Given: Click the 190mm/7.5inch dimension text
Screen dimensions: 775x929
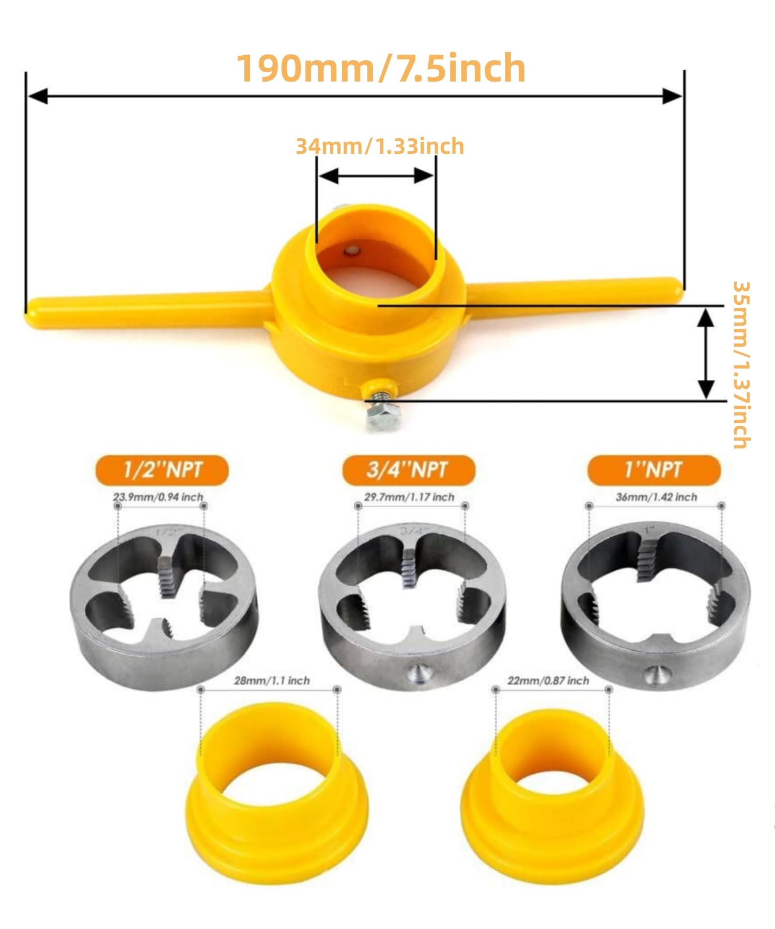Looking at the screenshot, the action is pos(381,68).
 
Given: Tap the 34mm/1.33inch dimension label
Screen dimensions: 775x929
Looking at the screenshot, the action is pos(380,146).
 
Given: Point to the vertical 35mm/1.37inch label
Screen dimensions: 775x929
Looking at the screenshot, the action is pos(741,364).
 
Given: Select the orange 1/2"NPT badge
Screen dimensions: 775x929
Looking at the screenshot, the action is pos(162,470).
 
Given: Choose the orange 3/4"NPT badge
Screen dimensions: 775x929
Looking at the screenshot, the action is pos(408,470).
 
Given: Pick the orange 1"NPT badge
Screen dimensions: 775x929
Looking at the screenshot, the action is pos(654,470).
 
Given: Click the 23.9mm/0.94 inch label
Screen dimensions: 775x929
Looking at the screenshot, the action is pos(158,497).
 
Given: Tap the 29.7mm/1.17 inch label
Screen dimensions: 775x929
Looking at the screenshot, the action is pos(409,497).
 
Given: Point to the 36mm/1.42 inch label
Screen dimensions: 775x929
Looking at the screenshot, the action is pos(656,497).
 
